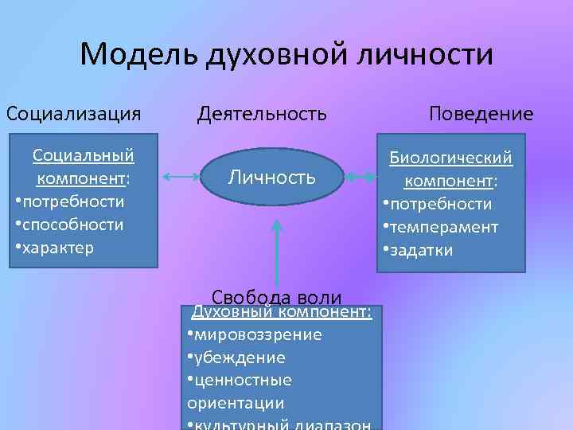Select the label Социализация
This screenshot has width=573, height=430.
(74, 113)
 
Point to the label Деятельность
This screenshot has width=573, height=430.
(262, 113)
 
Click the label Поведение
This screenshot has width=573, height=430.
(481, 113)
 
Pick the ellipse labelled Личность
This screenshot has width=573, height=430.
(272, 177)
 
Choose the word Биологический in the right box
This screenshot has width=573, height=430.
(450, 158)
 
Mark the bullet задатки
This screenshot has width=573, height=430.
(421, 251)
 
